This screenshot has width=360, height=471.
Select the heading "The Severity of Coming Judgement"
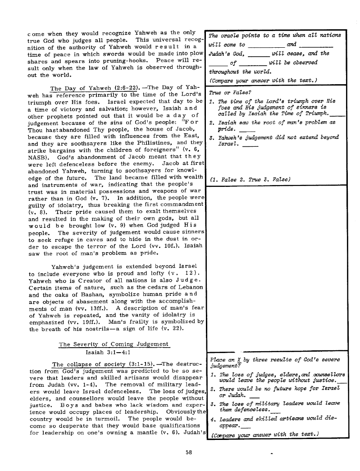(x=114, y=344)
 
